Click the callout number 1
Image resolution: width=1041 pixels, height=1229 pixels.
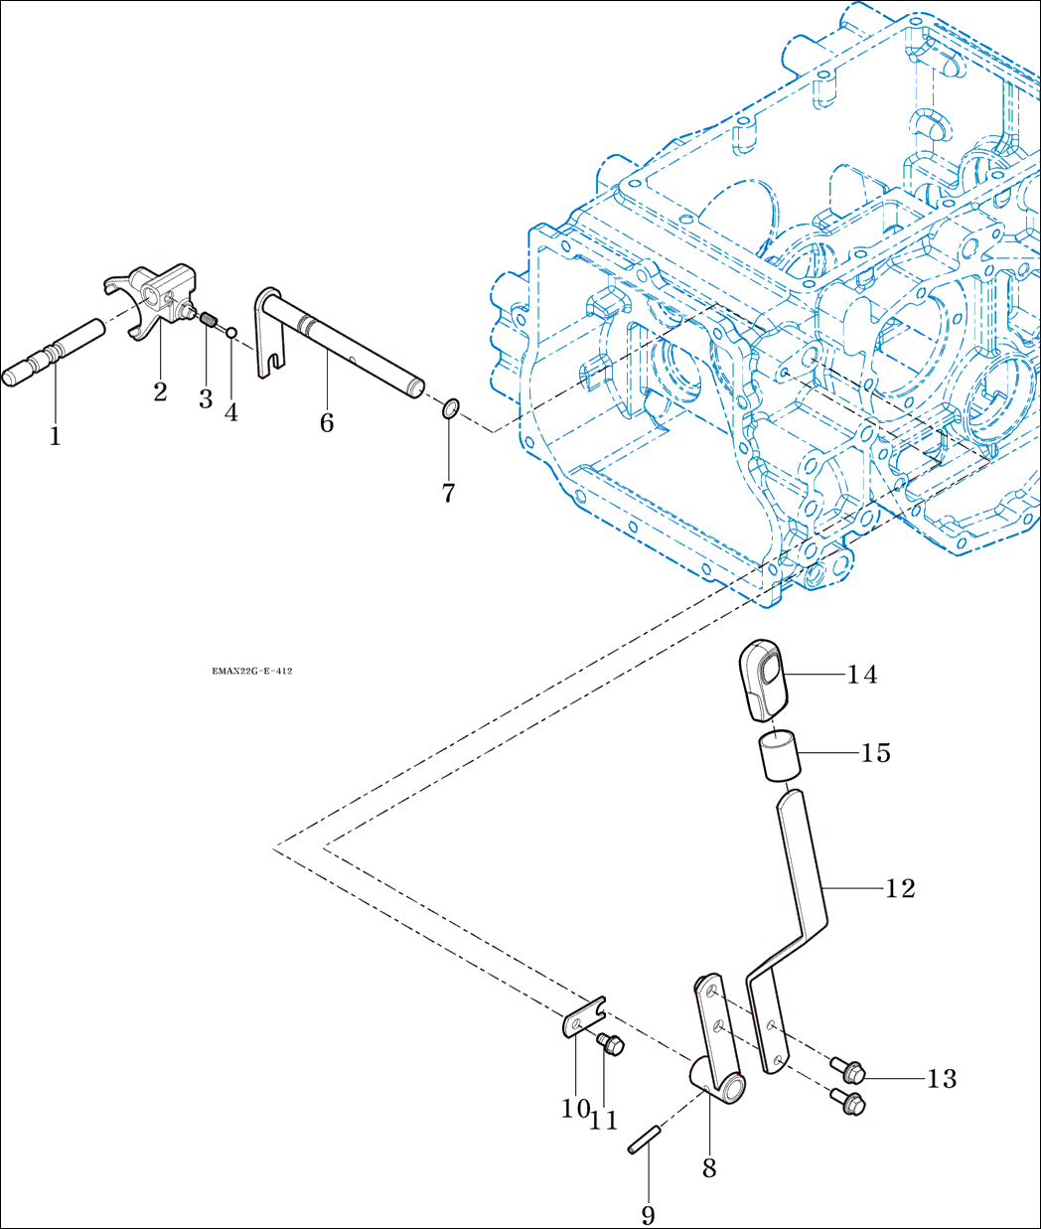(56, 437)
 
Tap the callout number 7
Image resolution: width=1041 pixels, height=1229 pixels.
(448, 493)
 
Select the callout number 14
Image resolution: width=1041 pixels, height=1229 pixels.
(862, 675)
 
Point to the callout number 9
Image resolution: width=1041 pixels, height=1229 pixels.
(649, 1215)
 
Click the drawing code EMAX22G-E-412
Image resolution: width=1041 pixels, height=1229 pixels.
(252, 672)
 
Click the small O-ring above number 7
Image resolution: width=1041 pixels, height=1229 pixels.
(450, 409)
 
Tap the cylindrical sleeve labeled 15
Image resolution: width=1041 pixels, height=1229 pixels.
(779, 757)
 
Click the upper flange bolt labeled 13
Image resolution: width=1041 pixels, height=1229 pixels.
(847, 1070)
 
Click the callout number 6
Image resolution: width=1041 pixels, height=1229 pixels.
(327, 422)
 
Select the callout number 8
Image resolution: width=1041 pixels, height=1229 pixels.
(709, 1167)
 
